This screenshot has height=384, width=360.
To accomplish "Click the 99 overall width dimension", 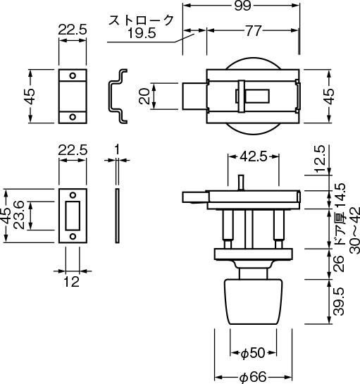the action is click(242, 6).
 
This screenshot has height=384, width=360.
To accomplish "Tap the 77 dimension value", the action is click(254, 31).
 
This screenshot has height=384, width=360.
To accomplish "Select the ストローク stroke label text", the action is click(141, 20).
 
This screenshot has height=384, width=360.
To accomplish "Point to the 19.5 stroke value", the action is click(142, 33).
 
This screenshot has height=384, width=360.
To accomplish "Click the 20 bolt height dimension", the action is click(144, 97).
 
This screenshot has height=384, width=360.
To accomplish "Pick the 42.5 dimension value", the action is click(253, 156).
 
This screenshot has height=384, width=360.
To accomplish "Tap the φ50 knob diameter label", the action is click(253, 353).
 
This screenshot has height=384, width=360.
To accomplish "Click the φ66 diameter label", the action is click(253, 377).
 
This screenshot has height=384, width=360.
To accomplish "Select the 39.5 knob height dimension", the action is click(339, 302).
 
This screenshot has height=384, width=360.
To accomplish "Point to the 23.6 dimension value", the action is click(18, 215).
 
